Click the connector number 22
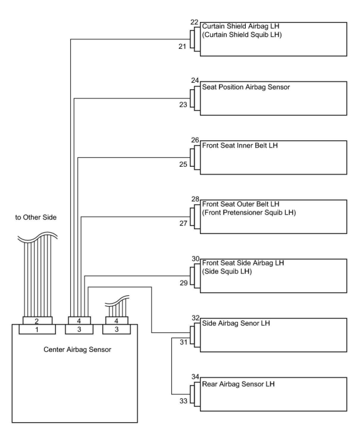click(x=194, y=22)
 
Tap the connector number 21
click(x=182, y=46)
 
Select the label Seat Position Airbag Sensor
click(x=246, y=87)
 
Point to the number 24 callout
click(x=195, y=80)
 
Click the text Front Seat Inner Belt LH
click(x=240, y=146)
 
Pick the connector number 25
click(x=183, y=164)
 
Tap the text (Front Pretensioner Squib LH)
click(x=249, y=213)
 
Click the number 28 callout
click(x=195, y=199)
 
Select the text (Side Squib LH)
click(x=227, y=272)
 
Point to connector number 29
click(x=184, y=283)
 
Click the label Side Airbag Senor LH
click(x=236, y=323)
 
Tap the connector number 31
click(x=184, y=342)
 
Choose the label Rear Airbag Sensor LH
click(x=238, y=384)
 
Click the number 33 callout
click(x=183, y=401)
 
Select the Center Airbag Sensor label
click(x=77, y=350)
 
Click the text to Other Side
click(x=36, y=217)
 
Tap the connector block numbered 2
click(x=37, y=321)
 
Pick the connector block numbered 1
click(x=37, y=330)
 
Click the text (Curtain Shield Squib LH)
click(x=242, y=35)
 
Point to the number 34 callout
click(x=195, y=377)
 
